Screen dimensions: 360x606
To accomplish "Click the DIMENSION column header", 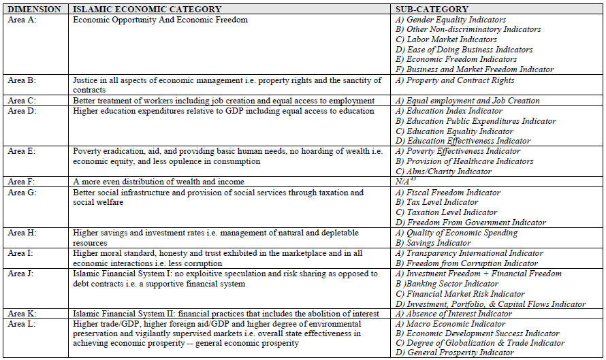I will [35, 10].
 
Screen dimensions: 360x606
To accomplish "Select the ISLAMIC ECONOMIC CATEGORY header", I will [147, 10].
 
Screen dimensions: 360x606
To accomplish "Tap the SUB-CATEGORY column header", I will [432, 10].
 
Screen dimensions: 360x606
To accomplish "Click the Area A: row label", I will [23, 20].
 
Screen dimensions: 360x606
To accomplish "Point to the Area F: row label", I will [23, 182].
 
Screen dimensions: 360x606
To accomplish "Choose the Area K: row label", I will [23, 314].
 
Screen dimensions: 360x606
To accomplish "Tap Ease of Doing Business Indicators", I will [464, 50].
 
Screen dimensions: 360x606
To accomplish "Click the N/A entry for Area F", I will [403, 182].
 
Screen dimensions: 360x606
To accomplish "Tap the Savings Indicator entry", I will [438, 243].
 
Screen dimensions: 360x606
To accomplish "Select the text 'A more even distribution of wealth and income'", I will [158, 182].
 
